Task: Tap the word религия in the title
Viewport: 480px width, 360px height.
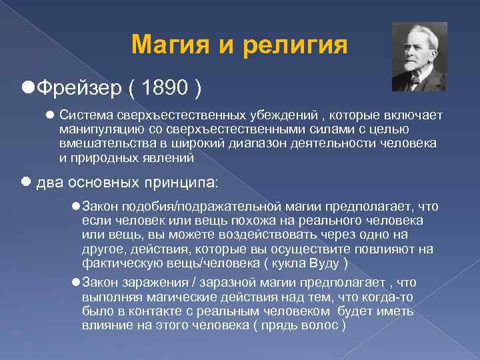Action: [297, 45]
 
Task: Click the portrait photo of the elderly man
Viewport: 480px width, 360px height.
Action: [419, 57]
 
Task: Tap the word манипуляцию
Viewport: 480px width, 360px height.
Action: [94, 129]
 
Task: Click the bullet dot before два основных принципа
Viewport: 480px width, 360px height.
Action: [27, 182]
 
